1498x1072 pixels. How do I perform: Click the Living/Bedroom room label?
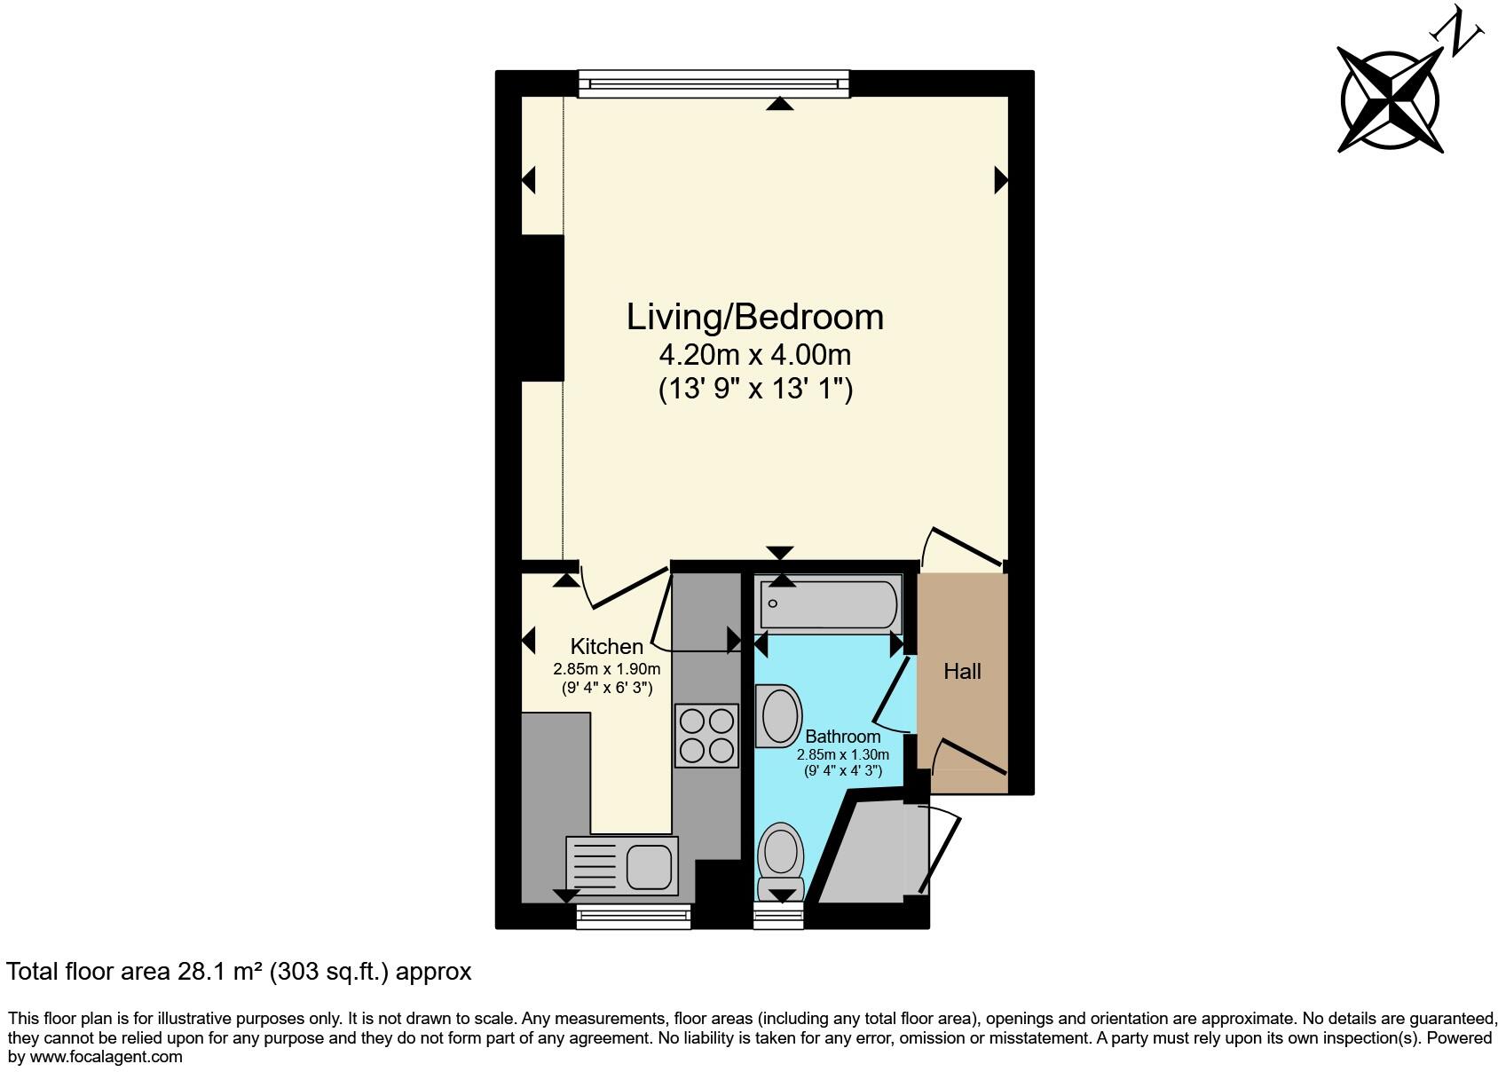point(754,317)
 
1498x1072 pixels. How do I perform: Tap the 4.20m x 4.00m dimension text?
point(754,355)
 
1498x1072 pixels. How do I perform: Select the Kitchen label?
point(606,646)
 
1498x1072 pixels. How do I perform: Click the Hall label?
point(962,671)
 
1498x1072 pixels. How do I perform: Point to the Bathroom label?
point(842,737)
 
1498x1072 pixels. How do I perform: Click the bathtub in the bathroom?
point(830,605)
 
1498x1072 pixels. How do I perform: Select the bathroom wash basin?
point(778,716)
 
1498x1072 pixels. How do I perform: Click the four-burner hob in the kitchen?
point(706,736)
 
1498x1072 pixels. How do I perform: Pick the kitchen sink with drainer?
point(622,864)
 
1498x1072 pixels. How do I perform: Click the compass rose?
point(1389,100)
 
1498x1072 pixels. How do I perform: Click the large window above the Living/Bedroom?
point(714,83)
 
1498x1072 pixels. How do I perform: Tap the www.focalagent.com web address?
point(106,1056)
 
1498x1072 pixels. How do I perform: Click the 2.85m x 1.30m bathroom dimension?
point(842,754)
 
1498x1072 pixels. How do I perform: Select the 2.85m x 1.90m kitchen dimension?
point(606,669)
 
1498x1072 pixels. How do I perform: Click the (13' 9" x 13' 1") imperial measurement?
point(754,389)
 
